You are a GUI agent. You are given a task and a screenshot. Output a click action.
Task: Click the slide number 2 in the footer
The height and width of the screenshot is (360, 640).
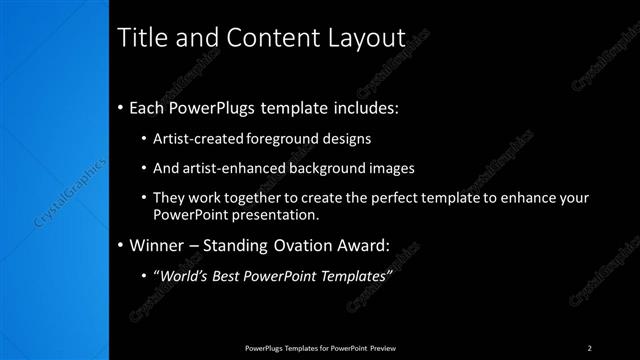click(x=589, y=347)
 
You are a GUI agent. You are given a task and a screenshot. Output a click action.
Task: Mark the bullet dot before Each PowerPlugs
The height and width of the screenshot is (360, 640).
click(x=121, y=107)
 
